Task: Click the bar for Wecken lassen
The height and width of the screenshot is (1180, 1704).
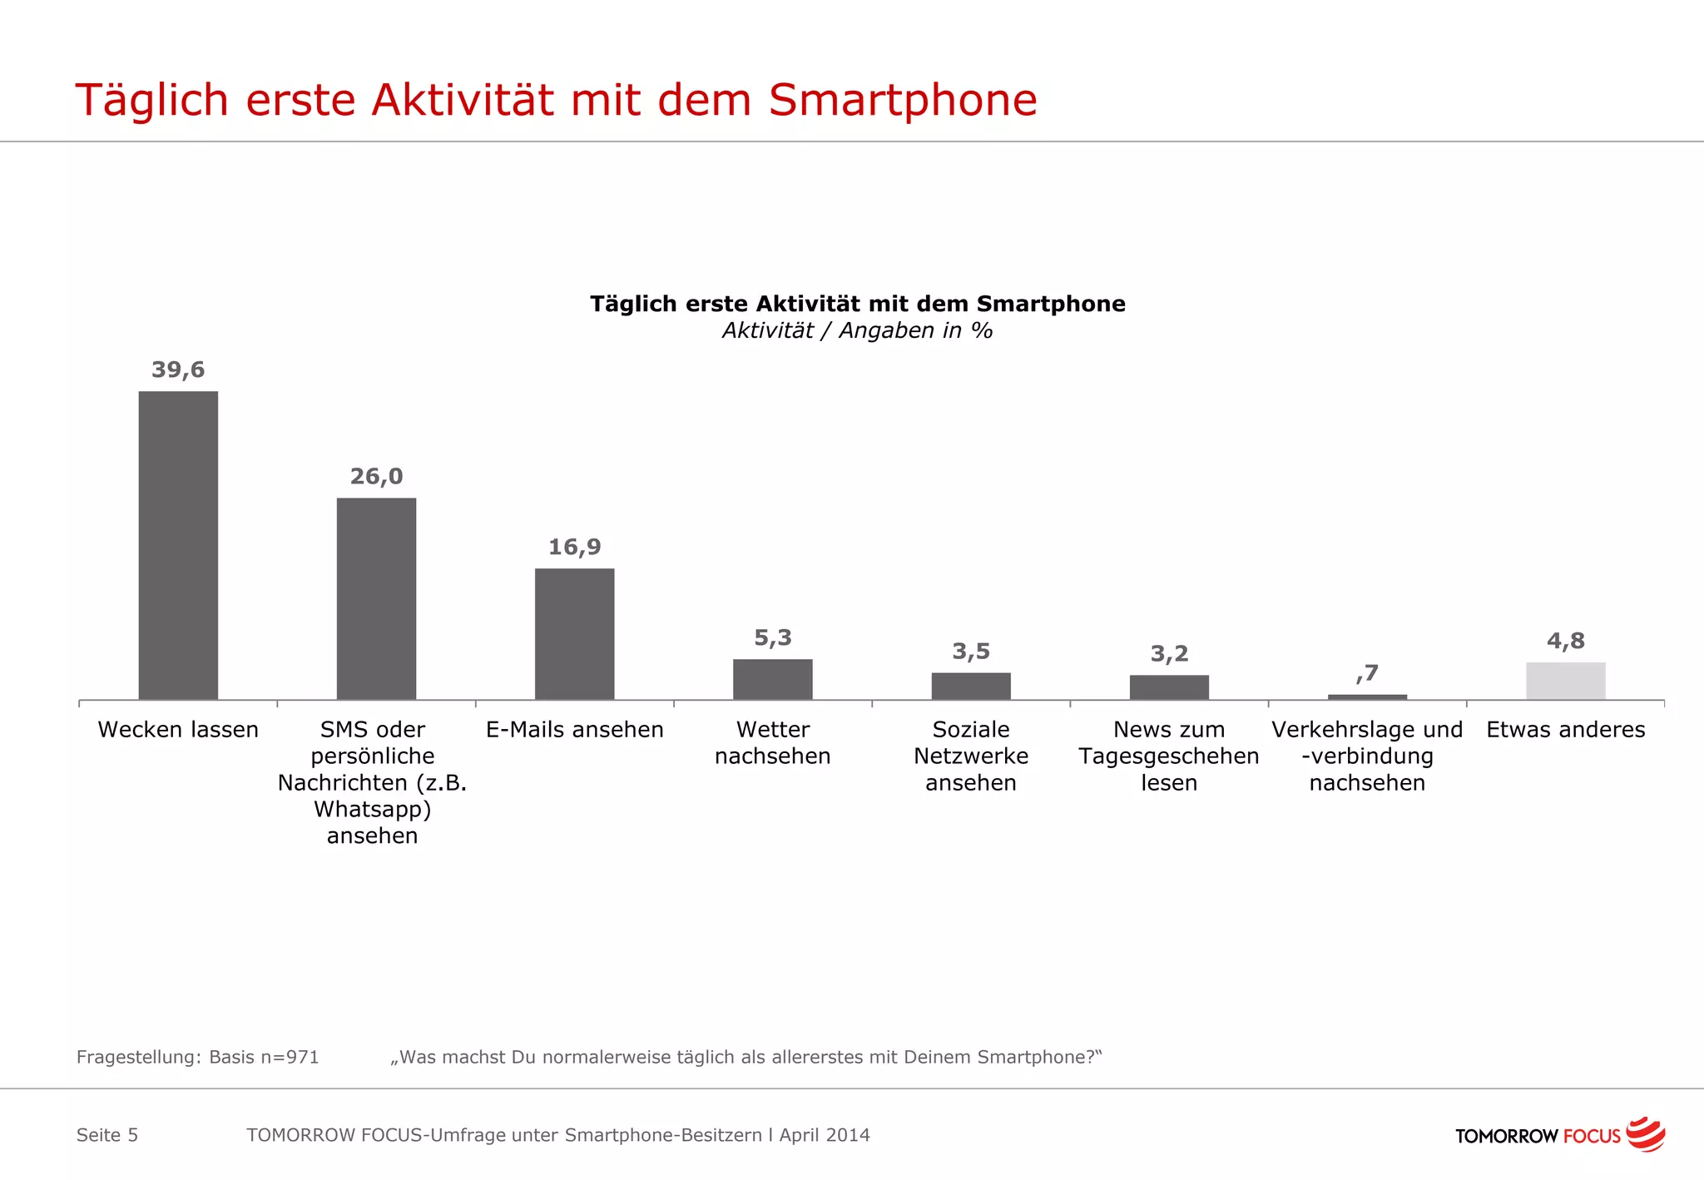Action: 178,545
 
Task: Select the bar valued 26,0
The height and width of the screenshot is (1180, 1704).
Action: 376,598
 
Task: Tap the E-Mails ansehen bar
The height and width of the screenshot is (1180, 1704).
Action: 574,633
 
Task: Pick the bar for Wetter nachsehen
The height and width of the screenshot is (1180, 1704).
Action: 772,679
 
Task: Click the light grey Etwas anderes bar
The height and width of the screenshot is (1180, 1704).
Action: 1565,681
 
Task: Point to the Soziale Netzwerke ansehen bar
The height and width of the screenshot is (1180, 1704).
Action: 971,686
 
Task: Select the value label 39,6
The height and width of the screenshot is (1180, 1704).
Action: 178,369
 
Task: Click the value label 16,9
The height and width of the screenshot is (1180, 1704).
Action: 574,547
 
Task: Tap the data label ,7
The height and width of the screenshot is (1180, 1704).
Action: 1367,672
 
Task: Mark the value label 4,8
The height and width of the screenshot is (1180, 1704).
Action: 1565,641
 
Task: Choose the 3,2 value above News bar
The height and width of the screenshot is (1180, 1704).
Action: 1169,653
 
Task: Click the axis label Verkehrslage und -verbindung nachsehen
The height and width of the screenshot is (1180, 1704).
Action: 1367,756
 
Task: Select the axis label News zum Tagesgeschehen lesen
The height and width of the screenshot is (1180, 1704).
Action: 1169,756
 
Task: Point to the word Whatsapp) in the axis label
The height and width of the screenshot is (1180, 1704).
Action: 372,809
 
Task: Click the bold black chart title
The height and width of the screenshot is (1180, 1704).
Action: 857,304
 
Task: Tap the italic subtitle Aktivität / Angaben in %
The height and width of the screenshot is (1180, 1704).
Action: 857,330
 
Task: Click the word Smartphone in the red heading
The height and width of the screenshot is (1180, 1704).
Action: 902,100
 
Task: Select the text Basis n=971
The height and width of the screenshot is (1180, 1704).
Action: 264,1057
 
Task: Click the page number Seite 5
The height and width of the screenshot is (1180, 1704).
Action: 107,1135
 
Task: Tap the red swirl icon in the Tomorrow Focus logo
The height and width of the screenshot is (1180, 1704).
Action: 1645,1134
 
